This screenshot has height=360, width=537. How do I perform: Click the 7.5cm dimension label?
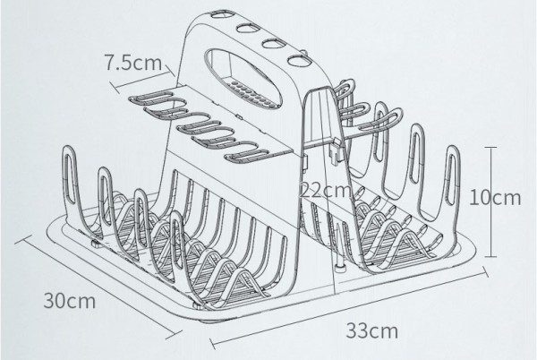[132, 63]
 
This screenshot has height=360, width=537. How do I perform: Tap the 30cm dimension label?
[70, 300]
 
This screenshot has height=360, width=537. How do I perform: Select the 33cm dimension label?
[372, 330]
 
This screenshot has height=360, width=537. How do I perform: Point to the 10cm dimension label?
[495, 198]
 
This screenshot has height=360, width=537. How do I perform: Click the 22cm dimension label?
[326, 190]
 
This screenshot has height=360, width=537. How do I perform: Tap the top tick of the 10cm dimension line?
[491, 147]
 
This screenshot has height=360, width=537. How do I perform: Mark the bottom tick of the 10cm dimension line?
[491, 256]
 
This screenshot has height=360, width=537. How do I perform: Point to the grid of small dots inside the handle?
[249, 92]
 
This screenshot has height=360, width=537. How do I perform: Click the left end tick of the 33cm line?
[211, 343]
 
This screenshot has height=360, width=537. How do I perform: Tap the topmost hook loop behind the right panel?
[344, 88]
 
